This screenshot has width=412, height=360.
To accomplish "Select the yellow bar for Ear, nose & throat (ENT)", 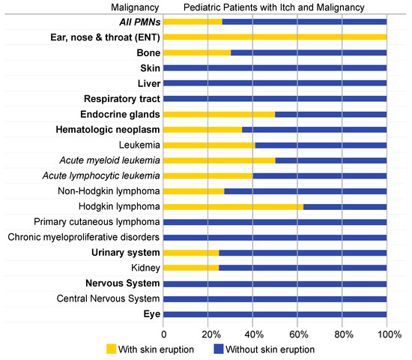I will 275,37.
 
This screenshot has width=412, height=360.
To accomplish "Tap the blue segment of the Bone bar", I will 309,52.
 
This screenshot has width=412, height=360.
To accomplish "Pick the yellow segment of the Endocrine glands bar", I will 219,114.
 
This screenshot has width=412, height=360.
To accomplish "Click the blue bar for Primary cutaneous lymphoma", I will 275,222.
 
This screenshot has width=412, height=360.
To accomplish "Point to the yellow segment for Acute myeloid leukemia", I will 219,160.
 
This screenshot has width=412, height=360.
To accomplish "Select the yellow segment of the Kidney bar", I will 191,268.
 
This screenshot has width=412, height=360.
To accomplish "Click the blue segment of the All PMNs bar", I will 304,22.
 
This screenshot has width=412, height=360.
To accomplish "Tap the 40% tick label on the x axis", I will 253,332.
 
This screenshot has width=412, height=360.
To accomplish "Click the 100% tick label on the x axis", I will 387,332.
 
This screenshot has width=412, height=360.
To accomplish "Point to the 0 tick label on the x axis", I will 163,332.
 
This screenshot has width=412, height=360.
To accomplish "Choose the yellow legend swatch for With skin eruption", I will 112,348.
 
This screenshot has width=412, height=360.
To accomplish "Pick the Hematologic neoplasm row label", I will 107,130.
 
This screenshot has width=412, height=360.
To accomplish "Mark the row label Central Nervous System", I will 109,298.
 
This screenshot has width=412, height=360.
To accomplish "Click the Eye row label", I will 151,314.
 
